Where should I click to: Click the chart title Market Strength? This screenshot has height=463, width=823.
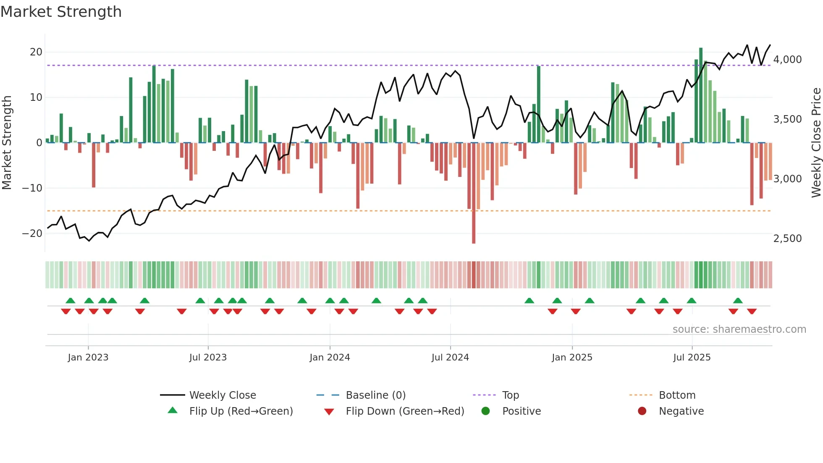click(61, 12)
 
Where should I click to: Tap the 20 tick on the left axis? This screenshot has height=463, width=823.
click(36, 52)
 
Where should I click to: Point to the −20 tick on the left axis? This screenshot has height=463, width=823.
click(33, 234)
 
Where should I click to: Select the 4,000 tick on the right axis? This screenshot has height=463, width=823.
click(787, 60)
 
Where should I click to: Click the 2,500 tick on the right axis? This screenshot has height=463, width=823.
click(787, 239)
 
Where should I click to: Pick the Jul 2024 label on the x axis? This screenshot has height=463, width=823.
click(450, 358)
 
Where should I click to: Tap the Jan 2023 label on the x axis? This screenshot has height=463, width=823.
click(88, 358)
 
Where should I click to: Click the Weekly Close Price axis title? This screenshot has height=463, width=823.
click(816, 143)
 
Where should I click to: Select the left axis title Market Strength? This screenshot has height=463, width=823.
click(7, 143)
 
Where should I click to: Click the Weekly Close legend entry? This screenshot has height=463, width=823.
click(223, 395)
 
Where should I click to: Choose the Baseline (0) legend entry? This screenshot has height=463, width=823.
click(375, 395)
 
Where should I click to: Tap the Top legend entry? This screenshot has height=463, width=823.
click(511, 395)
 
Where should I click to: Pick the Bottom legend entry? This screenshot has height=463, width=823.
click(677, 395)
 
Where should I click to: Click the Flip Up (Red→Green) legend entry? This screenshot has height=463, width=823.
click(241, 411)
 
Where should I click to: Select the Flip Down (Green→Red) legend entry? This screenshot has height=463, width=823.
click(405, 411)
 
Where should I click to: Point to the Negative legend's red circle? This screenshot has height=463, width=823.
click(642, 411)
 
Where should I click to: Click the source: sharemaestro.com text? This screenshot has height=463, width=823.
click(739, 329)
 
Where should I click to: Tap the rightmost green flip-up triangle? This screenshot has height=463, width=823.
click(738, 300)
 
